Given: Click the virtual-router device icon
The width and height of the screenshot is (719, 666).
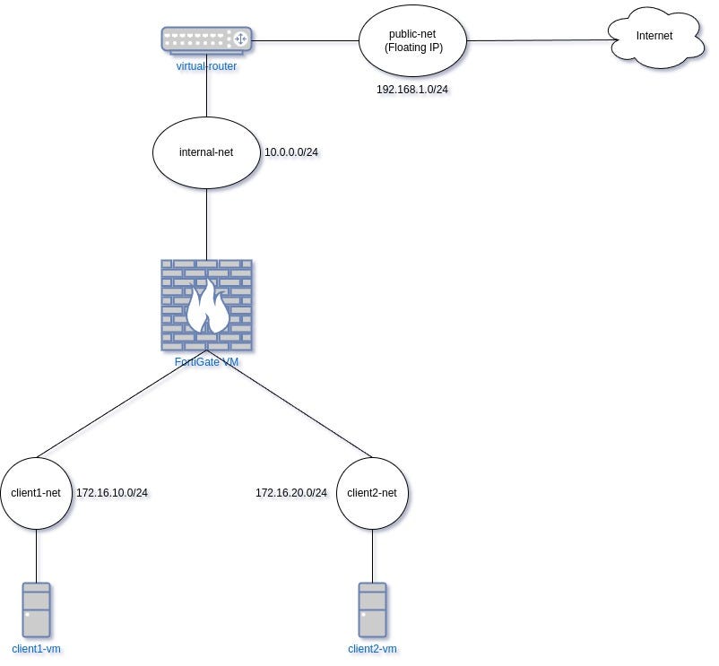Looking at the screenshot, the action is click(x=206, y=40).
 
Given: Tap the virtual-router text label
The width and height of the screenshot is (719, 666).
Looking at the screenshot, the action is click(x=206, y=66).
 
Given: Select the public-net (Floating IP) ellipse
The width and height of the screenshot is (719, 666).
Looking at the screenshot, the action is click(x=412, y=41).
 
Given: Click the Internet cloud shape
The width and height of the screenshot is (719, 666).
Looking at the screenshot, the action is click(x=655, y=38).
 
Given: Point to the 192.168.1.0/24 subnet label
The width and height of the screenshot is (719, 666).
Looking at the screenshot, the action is click(x=412, y=90).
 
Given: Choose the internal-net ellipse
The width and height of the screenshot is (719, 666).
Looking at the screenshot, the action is click(x=206, y=152).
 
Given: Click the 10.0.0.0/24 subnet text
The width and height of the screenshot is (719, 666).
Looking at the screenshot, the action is click(x=291, y=152).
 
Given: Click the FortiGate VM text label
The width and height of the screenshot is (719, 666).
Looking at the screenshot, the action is click(x=206, y=361).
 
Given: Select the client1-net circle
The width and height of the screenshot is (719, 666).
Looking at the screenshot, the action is click(x=36, y=493).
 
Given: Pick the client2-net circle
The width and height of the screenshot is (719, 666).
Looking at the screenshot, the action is click(x=372, y=493).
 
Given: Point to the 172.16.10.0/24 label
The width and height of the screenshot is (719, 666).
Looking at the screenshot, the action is click(x=112, y=493).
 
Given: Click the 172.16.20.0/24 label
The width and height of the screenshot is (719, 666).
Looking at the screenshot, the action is click(x=291, y=493).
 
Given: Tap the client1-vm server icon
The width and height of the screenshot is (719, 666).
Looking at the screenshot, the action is click(x=36, y=610).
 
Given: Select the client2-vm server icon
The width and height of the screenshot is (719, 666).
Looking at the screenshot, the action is click(x=372, y=610).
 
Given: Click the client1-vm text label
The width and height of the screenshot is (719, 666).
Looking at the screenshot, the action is click(x=36, y=649).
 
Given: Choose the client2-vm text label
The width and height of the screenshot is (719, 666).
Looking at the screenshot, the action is click(x=372, y=649).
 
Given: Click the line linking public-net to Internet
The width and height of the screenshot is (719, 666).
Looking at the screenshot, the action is click(x=542, y=40).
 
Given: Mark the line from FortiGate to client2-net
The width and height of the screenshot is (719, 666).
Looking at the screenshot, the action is click(x=290, y=404).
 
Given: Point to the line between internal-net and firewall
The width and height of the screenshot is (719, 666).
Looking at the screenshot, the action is click(x=206, y=224).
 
